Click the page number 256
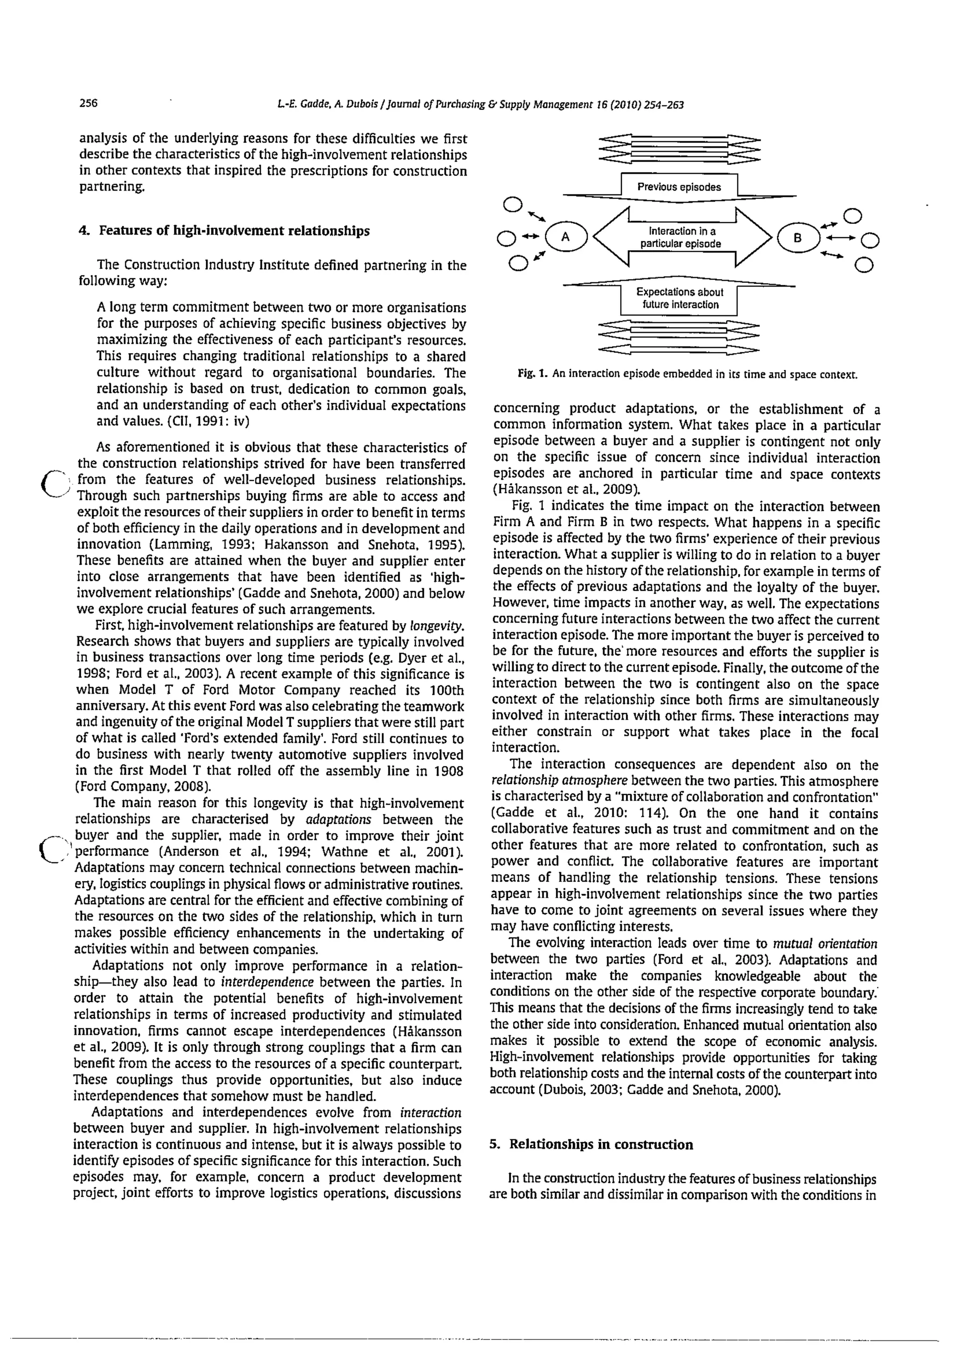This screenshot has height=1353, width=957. tap(88, 104)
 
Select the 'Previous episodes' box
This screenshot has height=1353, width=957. tap(678, 187)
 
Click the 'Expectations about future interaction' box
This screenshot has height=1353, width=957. tap(678, 299)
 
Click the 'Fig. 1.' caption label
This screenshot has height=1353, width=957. tap(534, 374)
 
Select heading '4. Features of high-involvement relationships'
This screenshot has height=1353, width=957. tap(224, 231)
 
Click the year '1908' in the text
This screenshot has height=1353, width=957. tap(448, 771)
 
